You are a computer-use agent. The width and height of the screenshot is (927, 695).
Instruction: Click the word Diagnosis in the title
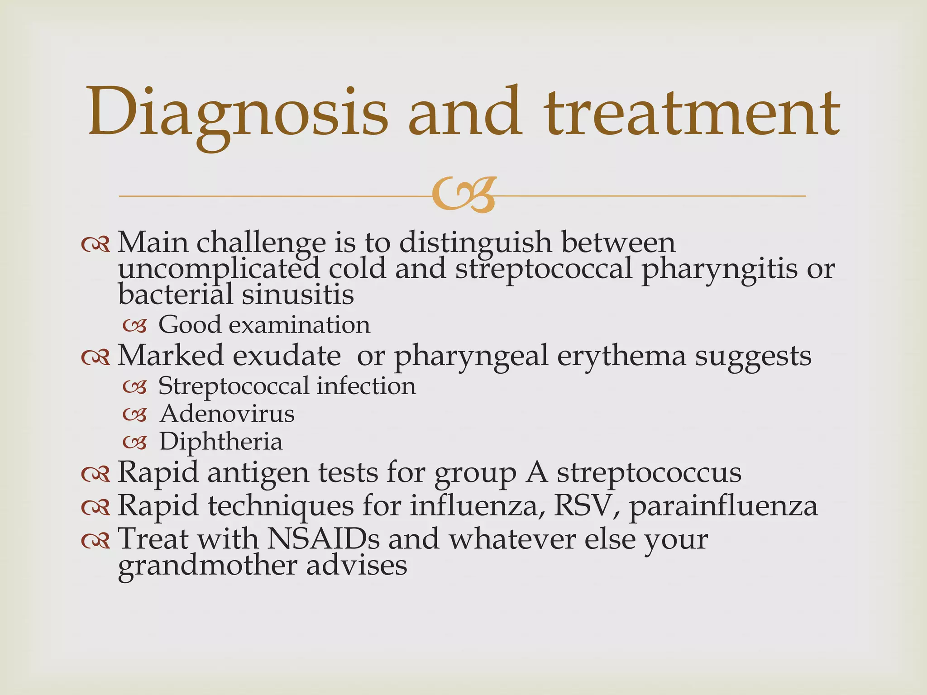coord(238,113)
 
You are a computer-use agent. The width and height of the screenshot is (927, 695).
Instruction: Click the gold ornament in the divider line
coord(463,196)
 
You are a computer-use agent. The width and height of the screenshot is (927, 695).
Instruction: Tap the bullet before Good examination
coord(135,325)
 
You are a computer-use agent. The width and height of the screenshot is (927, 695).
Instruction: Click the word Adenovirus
coord(227,414)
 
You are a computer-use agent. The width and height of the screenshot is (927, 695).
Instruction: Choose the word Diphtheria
coord(221,441)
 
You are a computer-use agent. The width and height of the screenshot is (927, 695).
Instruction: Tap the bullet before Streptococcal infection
coord(135,387)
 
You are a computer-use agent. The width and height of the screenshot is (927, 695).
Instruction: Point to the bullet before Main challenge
coord(96,244)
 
